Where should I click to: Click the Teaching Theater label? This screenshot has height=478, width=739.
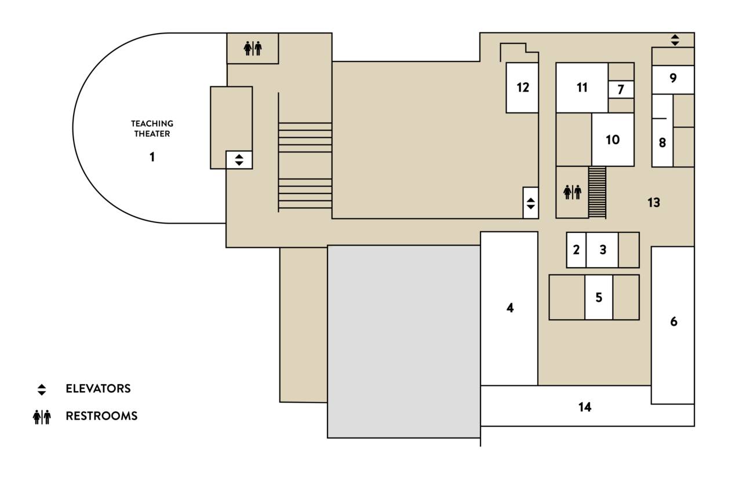pos(152,129)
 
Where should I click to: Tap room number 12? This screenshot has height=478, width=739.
pos(522,87)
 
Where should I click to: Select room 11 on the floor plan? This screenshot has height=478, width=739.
pos(582,87)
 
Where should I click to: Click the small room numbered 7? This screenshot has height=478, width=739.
pos(621,90)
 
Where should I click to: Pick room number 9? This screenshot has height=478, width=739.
pos(673,78)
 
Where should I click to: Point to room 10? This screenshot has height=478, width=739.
pos(613,140)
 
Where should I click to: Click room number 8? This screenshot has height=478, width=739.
pos(662,143)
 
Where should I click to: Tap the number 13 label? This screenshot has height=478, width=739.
pos(654,203)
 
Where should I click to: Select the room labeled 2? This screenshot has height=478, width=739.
pos(576,250)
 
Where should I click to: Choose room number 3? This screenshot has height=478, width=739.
pos(603,250)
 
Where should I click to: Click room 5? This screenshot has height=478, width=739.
pos(599,297)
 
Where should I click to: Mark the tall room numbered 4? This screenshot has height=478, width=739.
pos(509,308)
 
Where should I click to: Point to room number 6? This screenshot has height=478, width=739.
pos(673,322)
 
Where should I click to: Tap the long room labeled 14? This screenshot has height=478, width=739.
pos(585,407)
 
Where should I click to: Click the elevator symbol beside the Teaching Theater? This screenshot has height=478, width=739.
pos(239,159)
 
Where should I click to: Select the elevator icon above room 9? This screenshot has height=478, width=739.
pos(675,40)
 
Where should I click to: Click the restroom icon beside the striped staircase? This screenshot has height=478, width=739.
pos(572,192)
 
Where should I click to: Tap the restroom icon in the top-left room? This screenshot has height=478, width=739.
pos(253,49)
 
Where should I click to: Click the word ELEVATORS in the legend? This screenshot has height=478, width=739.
pos(98,389)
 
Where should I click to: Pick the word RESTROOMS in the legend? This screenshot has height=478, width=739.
pos(101,416)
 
